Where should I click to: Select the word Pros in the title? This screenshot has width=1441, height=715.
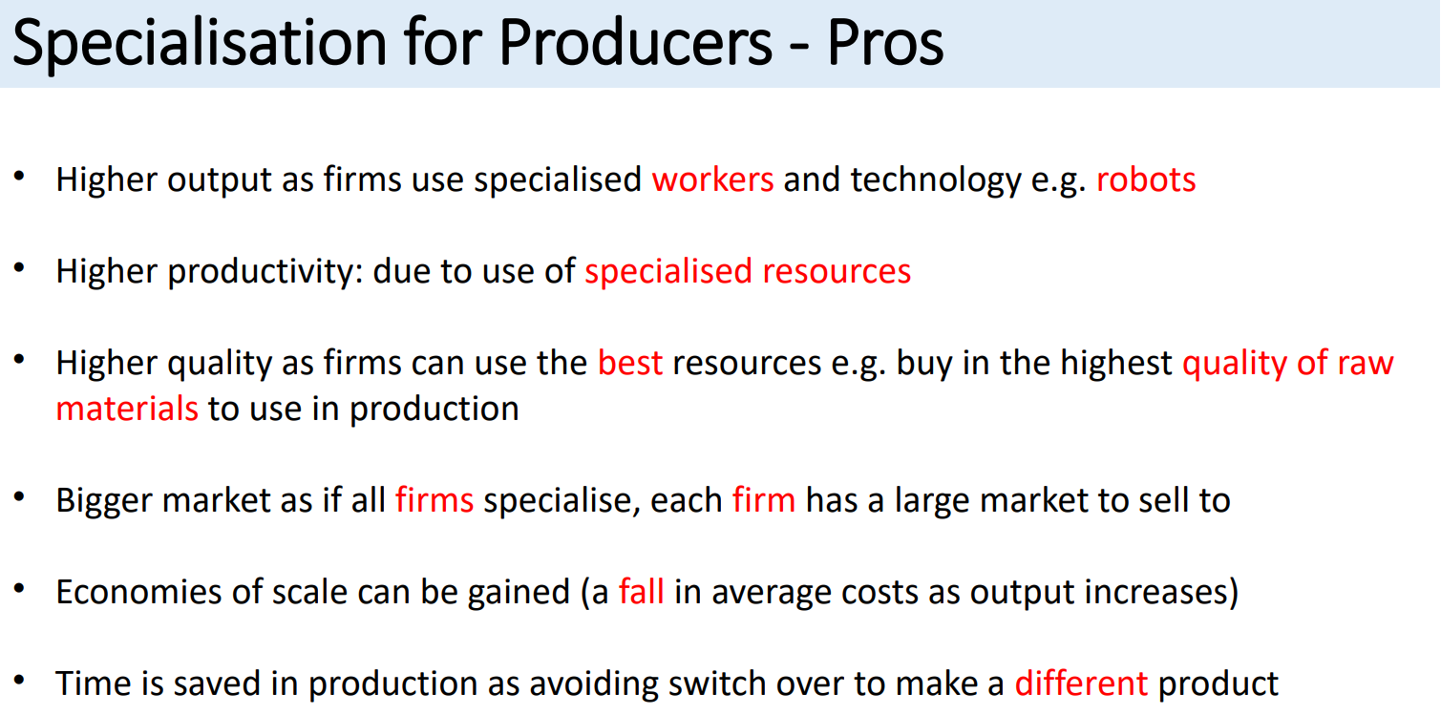885,43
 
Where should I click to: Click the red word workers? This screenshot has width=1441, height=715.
712,179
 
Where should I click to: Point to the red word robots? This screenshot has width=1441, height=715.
1145,179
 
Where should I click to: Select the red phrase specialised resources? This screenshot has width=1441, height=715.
748,272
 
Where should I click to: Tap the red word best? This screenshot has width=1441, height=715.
629,363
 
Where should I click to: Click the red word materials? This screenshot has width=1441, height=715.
127,409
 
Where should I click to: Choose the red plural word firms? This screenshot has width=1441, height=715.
434,500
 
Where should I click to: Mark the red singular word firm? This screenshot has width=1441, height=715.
763,500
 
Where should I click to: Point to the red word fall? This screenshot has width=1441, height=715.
641,592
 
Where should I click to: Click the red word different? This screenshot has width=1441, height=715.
1080,683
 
